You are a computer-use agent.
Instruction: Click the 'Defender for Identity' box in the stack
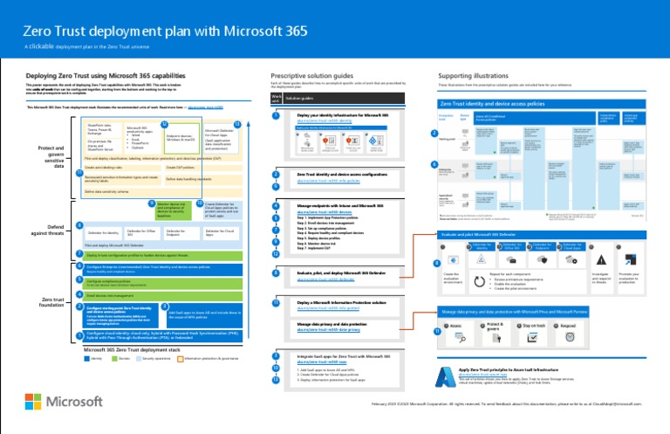click(x=103, y=232)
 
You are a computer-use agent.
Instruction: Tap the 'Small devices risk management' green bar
click(x=131, y=294)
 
